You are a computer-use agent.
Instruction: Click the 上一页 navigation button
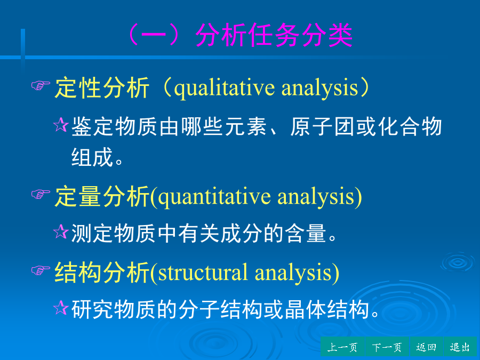click(x=342, y=347)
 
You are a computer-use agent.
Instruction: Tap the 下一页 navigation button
click(x=387, y=347)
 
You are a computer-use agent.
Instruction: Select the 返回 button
click(x=427, y=347)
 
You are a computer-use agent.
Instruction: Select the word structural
click(x=203, y=273)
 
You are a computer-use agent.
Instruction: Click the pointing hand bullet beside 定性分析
click(x=41, y=85)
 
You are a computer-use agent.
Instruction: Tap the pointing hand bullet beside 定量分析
click(x=41, y=194)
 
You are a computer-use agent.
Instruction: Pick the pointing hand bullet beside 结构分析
click(x=41, y=270)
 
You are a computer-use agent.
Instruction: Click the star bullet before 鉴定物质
click(x=61, y=125)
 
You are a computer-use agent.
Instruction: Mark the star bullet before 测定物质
click(x=61, y=231)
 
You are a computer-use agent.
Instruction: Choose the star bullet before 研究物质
click(x=61, y=308)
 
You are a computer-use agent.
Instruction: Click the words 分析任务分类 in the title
click(x=274, y=35)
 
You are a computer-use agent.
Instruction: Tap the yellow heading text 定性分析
click(x=102, y=88)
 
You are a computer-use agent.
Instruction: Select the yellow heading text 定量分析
click(x=102, y=196)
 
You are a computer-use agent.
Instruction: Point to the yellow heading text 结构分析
click(x=102, y=273)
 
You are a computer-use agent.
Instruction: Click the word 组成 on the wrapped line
click(x=92, y=157)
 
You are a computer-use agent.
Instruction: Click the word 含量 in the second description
click(x=305, y=233)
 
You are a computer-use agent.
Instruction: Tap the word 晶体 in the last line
click(x=305, y=309)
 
